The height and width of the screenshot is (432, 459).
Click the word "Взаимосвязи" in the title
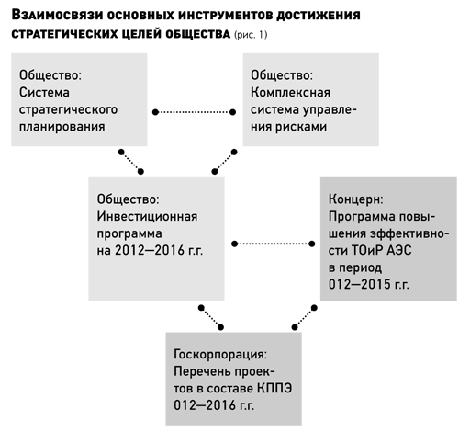click(57, 16)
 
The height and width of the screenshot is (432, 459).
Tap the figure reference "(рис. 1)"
click(251, 35)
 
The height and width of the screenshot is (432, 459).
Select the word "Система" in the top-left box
click(44, 92)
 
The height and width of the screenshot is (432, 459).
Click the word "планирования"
click(62, 127)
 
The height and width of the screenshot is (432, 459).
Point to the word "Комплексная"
click(290, 92)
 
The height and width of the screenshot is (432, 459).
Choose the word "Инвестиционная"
click(147, 216)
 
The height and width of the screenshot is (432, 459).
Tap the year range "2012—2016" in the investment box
click(150, 251)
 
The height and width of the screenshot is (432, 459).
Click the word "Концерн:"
click(356, 199)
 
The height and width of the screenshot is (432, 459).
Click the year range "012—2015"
click(360, 285)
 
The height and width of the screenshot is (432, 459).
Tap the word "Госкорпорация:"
click(220, 355)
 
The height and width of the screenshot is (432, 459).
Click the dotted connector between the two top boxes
click(194, 112)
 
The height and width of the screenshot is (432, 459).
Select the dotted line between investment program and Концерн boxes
click(274, 244)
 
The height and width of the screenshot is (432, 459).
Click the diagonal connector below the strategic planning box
click(131, 162)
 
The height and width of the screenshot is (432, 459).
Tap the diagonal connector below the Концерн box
click(305, 318)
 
